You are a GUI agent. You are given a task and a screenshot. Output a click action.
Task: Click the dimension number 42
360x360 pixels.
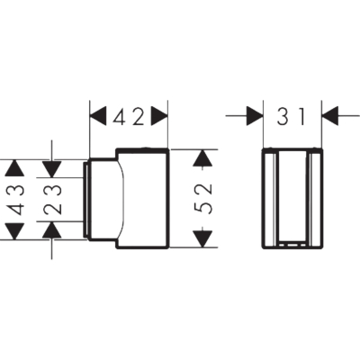129,116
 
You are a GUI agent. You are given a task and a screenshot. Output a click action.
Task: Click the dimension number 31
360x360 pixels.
291,116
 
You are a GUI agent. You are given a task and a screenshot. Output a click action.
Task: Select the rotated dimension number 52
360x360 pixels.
203,198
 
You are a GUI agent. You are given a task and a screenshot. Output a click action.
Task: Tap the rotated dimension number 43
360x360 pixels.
14,201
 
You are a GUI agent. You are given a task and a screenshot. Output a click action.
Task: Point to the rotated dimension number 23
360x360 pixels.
52,200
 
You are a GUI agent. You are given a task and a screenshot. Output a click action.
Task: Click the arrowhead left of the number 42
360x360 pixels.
98,116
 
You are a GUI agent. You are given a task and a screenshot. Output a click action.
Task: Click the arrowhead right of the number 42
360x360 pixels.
159,116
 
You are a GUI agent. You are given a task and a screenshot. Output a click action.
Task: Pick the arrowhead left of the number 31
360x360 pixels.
255,116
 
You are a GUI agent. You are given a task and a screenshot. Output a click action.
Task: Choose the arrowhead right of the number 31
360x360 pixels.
330,116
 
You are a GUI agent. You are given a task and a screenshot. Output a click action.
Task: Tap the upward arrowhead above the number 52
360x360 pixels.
202,157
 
